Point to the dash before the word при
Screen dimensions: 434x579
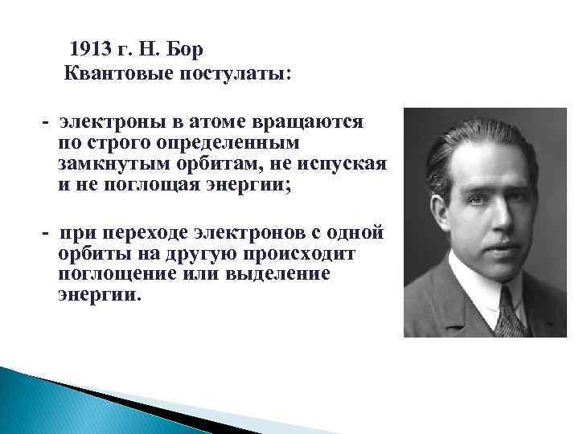(x=47, y=234)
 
